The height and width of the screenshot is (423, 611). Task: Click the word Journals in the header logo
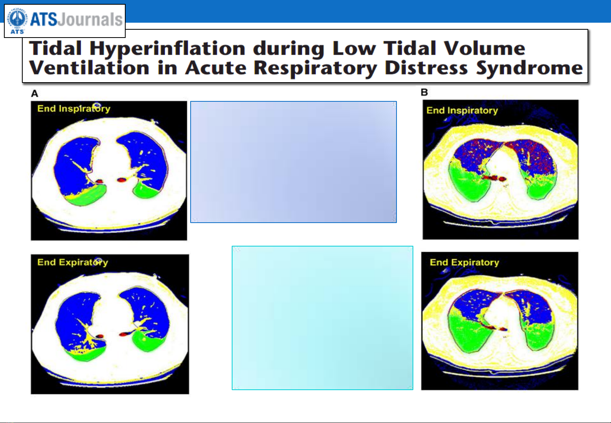pos(90,19)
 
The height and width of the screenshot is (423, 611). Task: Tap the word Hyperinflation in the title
pos(168,49)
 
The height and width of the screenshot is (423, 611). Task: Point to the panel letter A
pos(35,94)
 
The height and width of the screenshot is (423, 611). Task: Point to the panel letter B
pos(424,92)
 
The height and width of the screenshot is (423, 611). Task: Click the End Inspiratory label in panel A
pos(74,108)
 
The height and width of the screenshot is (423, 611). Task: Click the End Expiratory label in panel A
pos(73,262)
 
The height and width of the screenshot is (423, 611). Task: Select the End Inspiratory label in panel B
pos(462,110)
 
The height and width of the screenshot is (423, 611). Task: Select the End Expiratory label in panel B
pos(465,262)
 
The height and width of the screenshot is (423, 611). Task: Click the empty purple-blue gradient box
pos(294,162)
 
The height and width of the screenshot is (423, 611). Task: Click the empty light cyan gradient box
pos(323,318)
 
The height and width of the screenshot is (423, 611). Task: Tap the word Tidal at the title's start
pos(55,48)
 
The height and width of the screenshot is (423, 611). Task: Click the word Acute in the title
pos(216,68)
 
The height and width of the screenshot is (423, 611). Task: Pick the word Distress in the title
pos(426,68)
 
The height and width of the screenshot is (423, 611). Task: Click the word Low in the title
pos(354,48)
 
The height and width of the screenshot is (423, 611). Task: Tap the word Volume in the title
pos(484,48)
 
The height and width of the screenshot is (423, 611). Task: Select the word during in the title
pos(289,49)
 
